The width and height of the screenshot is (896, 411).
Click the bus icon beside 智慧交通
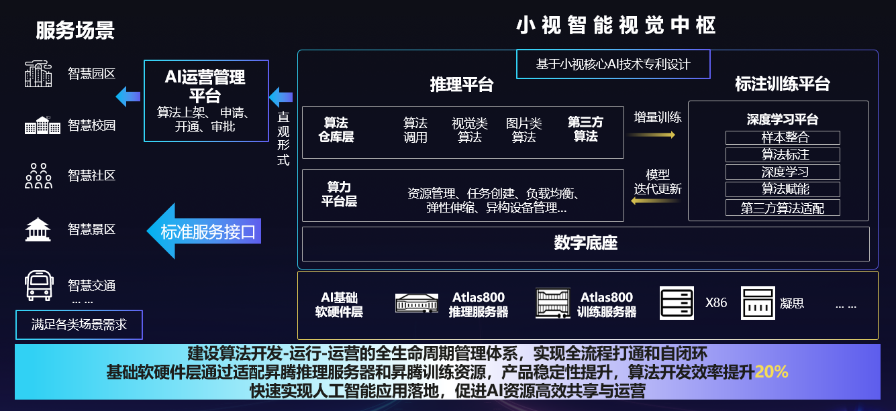click(x=38, y=286)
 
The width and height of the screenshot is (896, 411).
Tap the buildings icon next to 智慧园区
click(x=38, y=74)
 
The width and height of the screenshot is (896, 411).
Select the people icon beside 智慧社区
click(x=38, y=176)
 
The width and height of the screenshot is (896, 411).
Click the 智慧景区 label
click(x=92, y=229)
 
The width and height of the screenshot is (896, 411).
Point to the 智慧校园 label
click(x=92, y=125)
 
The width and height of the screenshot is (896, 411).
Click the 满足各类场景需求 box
click(x=79, y=325)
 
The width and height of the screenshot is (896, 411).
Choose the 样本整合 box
click(x=783, y=137)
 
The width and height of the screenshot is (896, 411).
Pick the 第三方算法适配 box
click(x=783, y=208)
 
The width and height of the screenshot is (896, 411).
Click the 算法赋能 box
click(x=783, y=189)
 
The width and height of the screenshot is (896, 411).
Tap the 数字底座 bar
click(x=585, y=243)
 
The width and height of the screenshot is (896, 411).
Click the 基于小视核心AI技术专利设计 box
click(x=613, y=64)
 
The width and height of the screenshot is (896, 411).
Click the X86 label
click(x=716, y=302)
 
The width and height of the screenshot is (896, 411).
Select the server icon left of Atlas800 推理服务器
click(x=416, y=303)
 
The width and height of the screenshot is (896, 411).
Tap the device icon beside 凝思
click(x=758, y=303)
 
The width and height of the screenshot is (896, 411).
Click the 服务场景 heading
click(x=75, y=31)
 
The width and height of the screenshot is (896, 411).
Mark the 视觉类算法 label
click(x=470, y=130)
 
